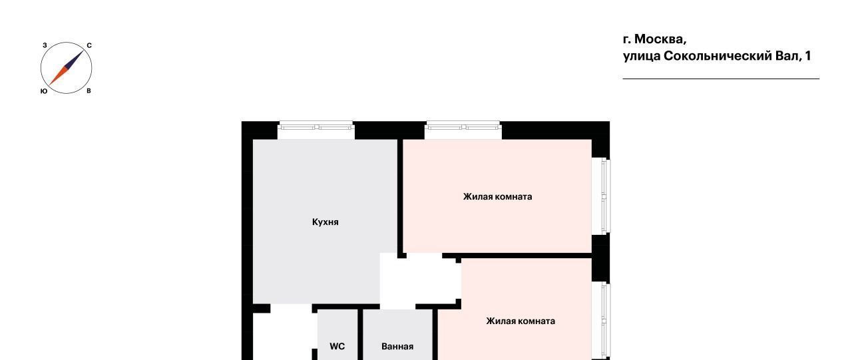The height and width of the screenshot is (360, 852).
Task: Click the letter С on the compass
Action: tap(89, 46)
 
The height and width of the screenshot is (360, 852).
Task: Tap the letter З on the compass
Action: tap(45, 45)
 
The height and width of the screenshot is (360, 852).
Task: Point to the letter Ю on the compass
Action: tap(44, 91)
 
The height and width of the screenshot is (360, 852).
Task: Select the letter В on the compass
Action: tap(89, 91)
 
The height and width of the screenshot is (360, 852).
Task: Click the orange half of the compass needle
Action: tap(58, 77)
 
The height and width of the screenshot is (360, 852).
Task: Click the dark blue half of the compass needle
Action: tap(75, 59)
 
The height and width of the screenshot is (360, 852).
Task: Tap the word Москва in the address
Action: tap(660, 39)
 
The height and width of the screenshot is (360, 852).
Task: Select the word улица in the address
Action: tap(642, 57)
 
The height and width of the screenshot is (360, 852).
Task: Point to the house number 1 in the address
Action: tap(808, 56)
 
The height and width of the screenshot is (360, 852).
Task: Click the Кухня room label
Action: tap(325, 222)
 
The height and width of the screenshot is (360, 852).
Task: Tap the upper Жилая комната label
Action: tap(497, 196)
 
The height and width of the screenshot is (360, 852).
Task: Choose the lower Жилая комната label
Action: tap(521, 321)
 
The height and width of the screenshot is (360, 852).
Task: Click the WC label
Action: tap(337, 346)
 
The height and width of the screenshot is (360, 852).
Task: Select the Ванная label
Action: tap(397, 346)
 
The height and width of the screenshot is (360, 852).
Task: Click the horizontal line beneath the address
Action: tap(721, 79)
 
